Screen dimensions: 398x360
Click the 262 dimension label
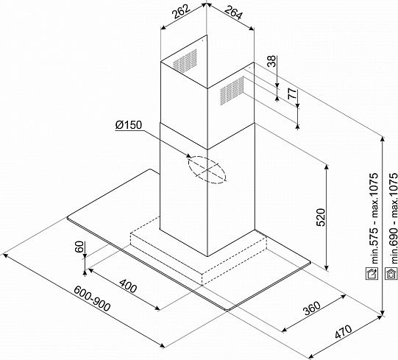(x=181, y=12)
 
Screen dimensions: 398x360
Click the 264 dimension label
(x=233, y=13)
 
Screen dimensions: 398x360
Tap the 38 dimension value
(x=271, y=61)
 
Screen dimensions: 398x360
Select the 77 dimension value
(x=292, y=93)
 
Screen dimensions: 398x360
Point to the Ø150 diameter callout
(x=129, y=125)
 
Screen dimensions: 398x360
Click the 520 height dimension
(x=321, y=217)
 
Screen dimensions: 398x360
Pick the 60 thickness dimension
(x=79, y=247)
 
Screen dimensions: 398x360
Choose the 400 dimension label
(x=128, y=286)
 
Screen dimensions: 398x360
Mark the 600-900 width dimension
(x=92, y=298)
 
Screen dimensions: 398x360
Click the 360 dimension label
(x=312, y=308)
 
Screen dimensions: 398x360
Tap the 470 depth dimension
(x=344, y=331)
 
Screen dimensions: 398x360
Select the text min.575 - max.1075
(x=374, y=219)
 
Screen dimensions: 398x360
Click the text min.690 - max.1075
(x=393, y=219)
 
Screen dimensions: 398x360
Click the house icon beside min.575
(x=372, y=274)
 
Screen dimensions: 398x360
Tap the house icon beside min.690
(x=391, y=274)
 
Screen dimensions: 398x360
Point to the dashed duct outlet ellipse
(x=207, y=170)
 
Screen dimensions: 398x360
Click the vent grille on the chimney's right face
(x=232, y=91)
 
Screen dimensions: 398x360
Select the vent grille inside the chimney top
(x=185, y=61)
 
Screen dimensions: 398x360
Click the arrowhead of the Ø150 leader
(x=188, y=155)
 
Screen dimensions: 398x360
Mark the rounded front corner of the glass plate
(x=227, y=310)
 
